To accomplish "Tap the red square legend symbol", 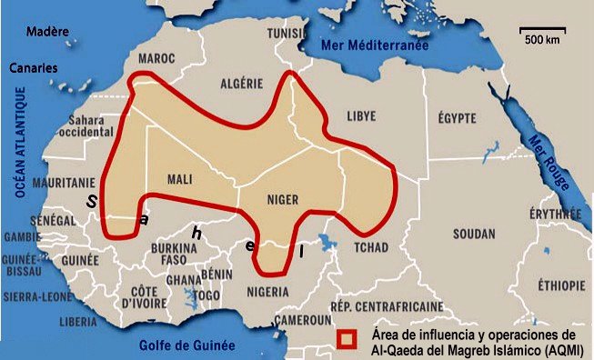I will tap(346, 338).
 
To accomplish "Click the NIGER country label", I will tap(283, 199).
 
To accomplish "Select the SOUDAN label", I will tap(475, 234).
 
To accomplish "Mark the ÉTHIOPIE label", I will tap(560, 285).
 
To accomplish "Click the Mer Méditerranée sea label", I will tap(371, 44).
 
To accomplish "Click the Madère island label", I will tap(47, 31).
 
